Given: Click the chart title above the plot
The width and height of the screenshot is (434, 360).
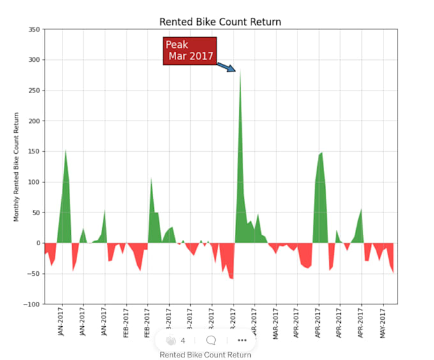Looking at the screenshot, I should click(x=220, y=22).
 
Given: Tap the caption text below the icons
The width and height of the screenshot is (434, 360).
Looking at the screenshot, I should click(x=205, y=355).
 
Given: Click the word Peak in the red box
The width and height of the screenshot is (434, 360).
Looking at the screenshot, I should click(x=177, y=45).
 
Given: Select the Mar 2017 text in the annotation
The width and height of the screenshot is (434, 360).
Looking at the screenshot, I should click(x=191, y=56).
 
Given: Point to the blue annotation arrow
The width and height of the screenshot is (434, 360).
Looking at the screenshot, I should click(x=226, y=66).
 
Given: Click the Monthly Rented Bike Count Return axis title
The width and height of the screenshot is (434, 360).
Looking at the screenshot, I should click(x=17, y=167).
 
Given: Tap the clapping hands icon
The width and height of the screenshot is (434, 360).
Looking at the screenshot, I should click(x=170, y=340).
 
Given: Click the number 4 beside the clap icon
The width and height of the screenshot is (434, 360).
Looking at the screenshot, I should click(x=183, y=340).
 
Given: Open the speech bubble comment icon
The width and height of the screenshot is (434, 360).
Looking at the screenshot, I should click(x=211, y=340).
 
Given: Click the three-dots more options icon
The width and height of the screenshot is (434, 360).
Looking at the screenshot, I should click(x=242, y=340).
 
